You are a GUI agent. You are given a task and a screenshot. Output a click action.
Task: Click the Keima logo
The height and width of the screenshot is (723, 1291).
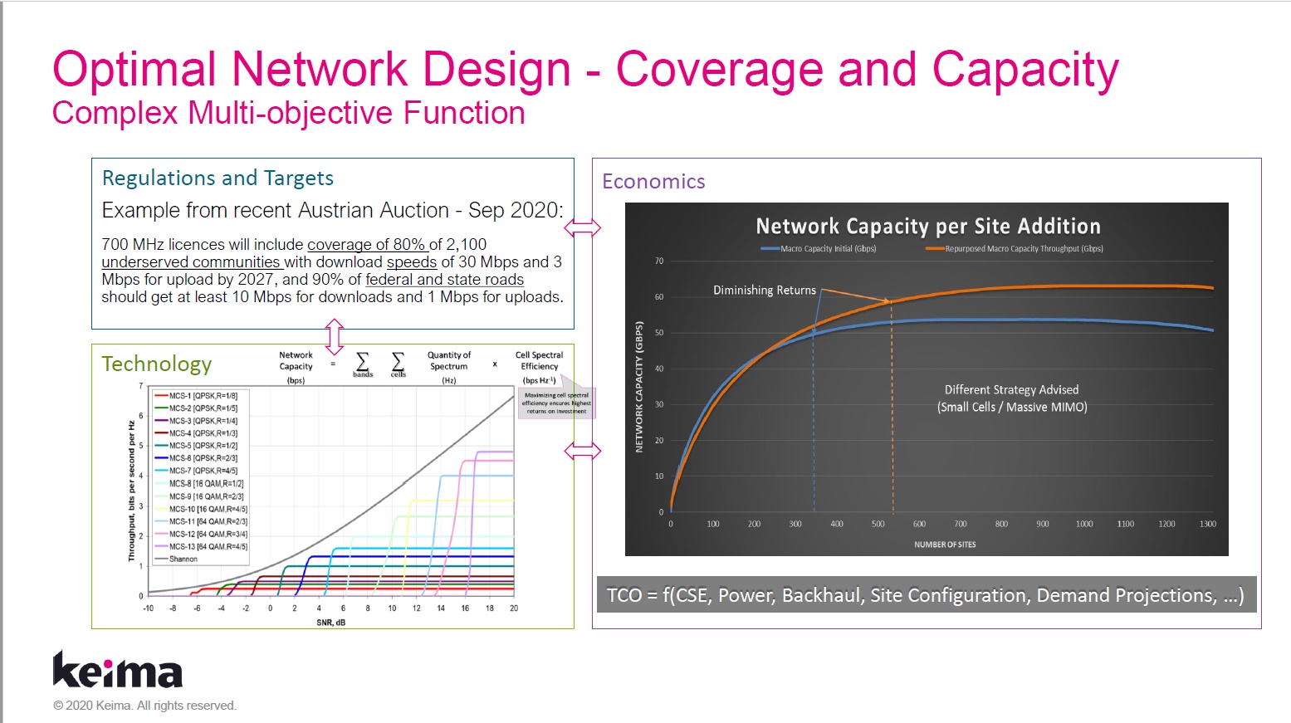click(x=117, y=670)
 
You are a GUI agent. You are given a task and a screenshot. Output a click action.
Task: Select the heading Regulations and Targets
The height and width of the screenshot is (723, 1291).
click(x=218, y=178)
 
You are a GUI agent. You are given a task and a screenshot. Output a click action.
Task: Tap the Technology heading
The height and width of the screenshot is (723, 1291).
click(x=156, y=364)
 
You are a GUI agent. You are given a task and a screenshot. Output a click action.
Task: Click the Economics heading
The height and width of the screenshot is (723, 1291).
click(x=653, y=182)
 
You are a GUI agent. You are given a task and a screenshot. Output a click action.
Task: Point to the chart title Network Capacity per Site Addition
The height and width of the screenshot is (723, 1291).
click(x=927, y=227)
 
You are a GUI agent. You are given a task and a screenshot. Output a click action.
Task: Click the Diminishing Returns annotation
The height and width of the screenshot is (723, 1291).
click(x=764, y=291)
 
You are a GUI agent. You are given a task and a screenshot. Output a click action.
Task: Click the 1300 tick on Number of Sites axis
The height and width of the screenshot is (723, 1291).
click(x=1207, y=525)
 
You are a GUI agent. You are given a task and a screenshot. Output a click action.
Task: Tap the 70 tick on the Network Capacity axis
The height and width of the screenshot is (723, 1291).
click(x=659, y=261)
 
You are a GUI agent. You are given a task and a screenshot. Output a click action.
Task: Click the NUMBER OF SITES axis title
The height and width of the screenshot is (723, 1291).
click(x=945, y=545)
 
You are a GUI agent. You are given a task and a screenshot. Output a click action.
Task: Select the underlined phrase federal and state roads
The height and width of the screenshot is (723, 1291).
click(x=444, y=280)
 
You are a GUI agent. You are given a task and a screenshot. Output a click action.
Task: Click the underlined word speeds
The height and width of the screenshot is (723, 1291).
click(x=412, y=262)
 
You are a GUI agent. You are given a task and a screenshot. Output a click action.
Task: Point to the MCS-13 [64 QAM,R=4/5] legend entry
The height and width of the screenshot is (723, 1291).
click(x=208, y=547)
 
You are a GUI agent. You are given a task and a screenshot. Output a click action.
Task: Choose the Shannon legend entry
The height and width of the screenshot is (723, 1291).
click(x=183, y=559)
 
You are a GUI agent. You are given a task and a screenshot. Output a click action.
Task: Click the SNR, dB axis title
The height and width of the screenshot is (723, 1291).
click(x=330, y=623)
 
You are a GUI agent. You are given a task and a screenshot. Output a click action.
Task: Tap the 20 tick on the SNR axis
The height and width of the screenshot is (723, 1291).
click(x=514, y=608)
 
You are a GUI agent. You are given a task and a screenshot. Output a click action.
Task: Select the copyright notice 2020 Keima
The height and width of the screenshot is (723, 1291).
click(x=144, y=706)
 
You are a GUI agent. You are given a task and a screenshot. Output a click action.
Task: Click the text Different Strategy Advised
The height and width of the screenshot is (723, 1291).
click(x=1011, y=390)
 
